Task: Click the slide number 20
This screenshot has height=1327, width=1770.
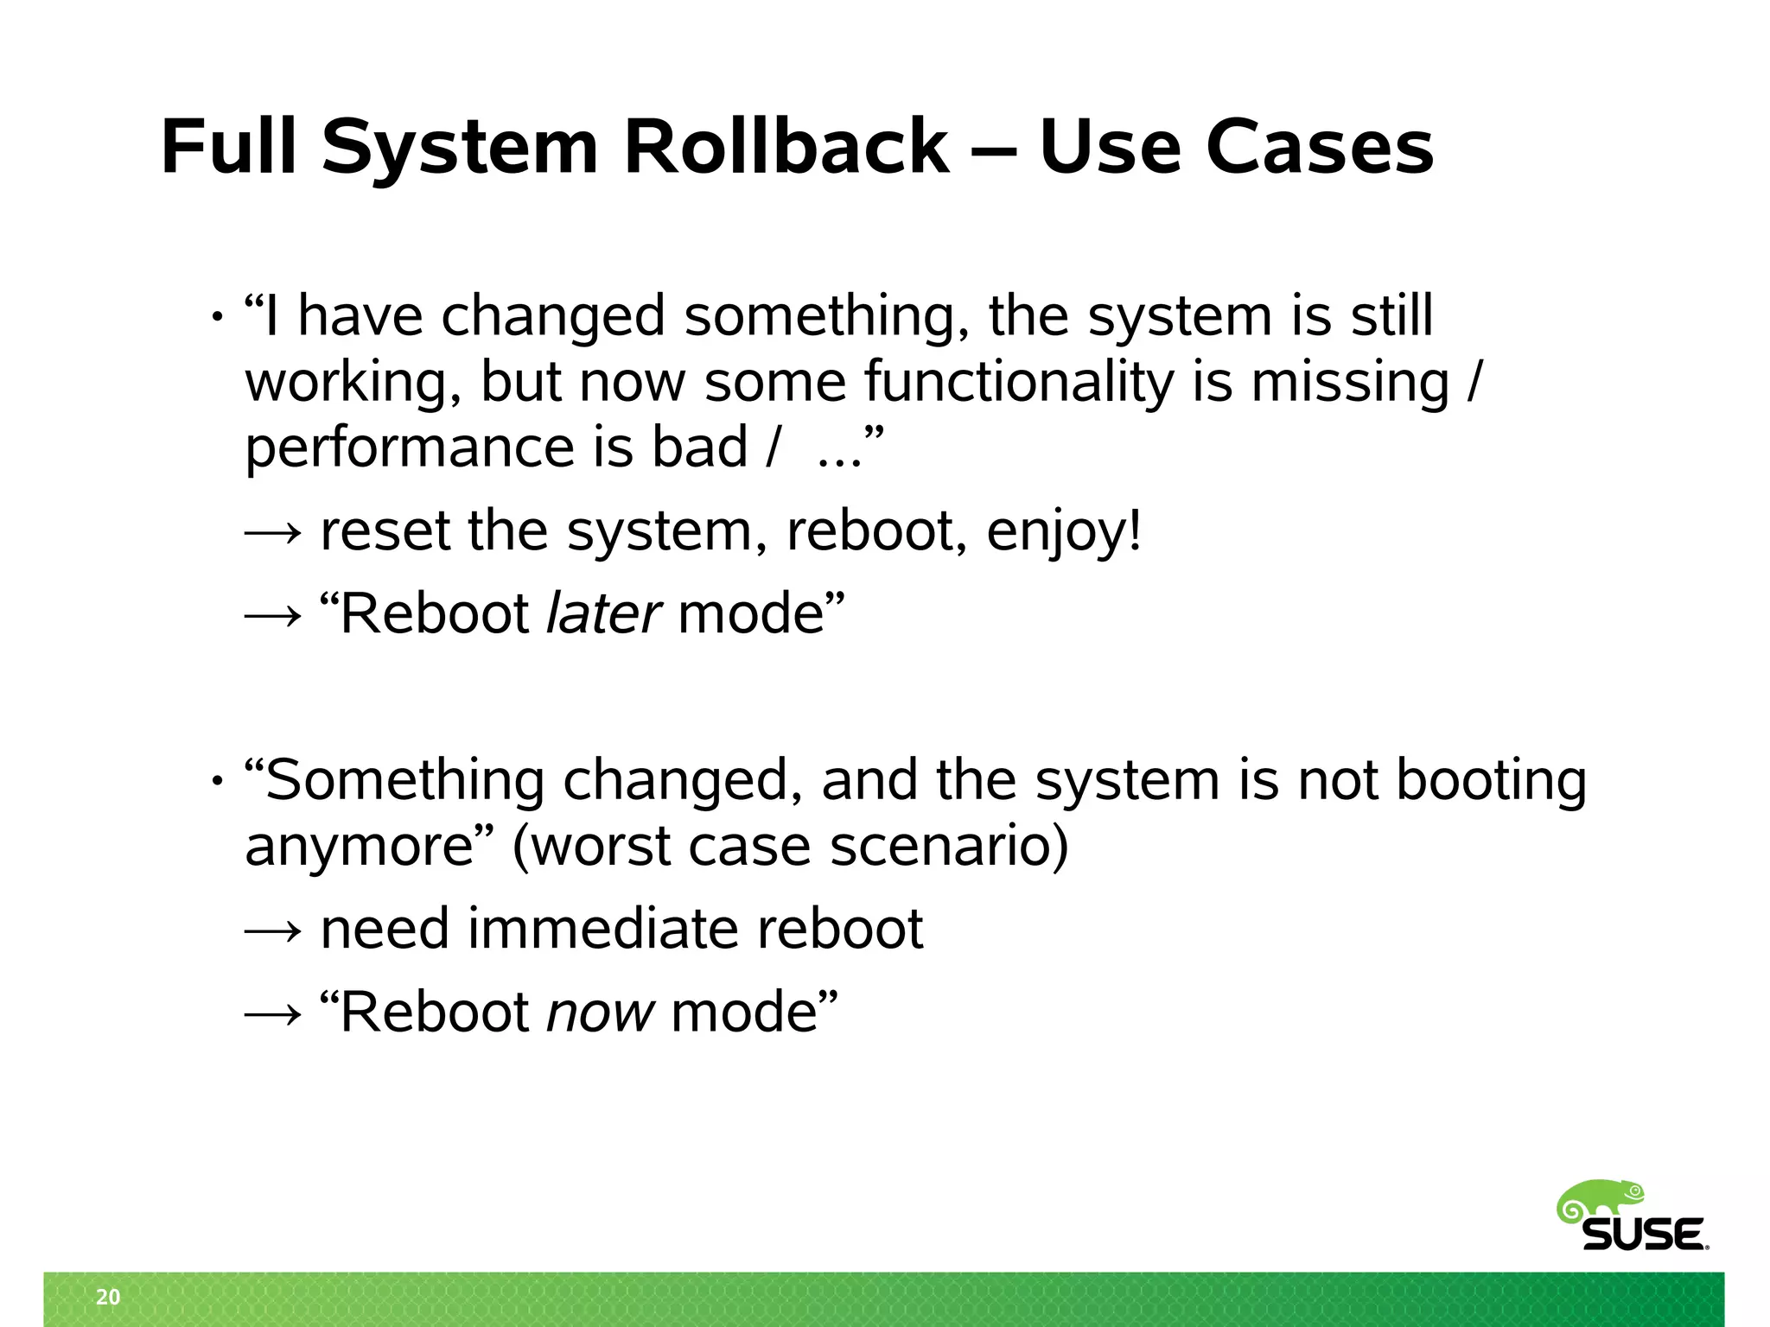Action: click(108, 1297)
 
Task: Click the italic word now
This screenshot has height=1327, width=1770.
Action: click(601, 1012)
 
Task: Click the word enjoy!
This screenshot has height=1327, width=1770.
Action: click(1064, 530)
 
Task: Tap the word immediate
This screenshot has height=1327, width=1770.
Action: click(602, 929)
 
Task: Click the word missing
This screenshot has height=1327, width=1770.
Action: click(1350, 382)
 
